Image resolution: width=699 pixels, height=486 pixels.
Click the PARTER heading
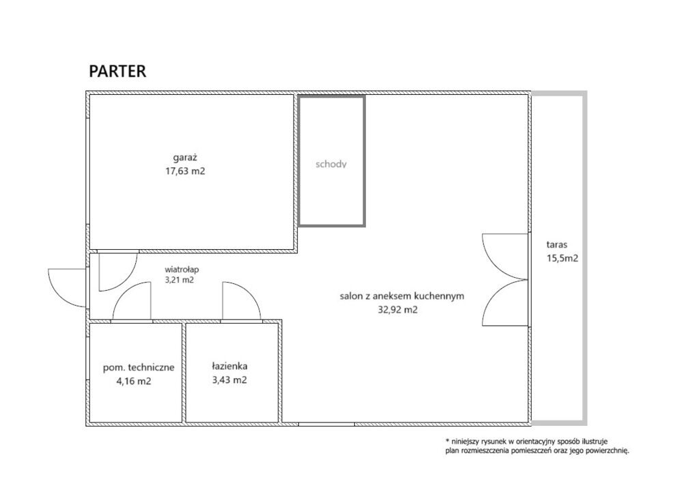tap(117, 72)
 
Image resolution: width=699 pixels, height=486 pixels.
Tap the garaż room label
tap(185, 158)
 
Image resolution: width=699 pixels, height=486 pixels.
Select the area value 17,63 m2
tap(185, 171)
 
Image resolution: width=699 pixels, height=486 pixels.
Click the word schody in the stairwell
tap(331, 165)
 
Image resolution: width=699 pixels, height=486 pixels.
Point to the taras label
tap(557, 244)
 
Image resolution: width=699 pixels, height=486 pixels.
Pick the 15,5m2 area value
tap(562, 258)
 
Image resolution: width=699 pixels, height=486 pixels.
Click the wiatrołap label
tap(182, 270)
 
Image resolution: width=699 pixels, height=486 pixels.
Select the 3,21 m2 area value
tap(180, 281)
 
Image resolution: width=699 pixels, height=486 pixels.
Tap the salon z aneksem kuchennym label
tap(402, 296)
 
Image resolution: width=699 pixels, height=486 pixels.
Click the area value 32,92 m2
tap(398, 310)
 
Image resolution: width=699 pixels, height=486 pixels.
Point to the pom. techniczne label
tap(139, 368)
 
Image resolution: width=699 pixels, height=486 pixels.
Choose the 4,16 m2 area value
tap(134, 382)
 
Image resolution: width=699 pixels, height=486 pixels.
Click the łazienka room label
tap(229, 367)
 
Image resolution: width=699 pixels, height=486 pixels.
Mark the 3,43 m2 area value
tap(229, 380)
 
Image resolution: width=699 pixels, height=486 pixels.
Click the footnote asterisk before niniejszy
tap(447, 440)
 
